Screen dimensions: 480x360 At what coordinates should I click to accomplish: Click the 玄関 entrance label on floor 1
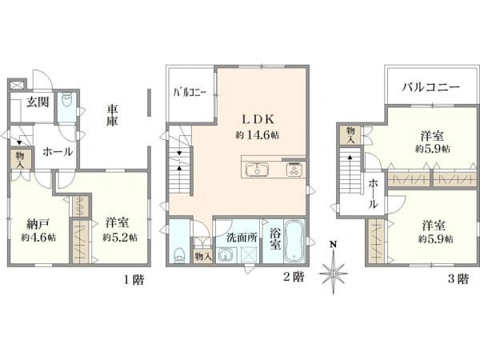[38, 102]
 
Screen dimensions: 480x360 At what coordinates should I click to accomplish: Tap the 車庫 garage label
[112, 115]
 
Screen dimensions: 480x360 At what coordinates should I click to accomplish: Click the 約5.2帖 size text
[120, 237]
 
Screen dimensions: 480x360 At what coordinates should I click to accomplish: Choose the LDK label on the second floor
[258, 119]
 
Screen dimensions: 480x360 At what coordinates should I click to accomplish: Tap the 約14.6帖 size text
[257, 135]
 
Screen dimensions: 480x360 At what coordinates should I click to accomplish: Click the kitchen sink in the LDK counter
[257, 169]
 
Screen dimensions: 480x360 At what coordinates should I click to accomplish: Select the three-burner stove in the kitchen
[294, 170]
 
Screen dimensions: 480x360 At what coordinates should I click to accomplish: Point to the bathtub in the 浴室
[294, 241]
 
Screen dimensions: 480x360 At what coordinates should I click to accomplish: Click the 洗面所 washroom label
[242, 238]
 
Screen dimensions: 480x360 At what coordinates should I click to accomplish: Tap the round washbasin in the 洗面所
[226, 255]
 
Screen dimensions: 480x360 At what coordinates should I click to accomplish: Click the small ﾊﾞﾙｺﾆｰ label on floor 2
[190, 92]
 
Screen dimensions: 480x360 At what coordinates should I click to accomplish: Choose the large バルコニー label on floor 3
[430, 87]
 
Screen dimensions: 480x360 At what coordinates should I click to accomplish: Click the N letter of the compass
[333, 244]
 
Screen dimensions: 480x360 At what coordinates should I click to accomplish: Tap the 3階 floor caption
[458, 279]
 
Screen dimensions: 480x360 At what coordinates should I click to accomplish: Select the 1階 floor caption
[134, 279]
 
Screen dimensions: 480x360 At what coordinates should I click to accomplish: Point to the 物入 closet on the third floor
[351, 135]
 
